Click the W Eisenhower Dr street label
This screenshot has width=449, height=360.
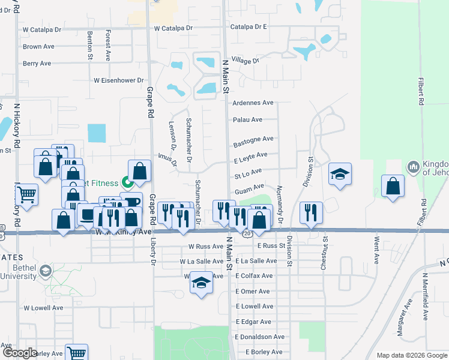pyautogui.click(x=119, y=80)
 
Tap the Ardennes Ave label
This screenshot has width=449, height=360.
pyautogui.click(x=253, y=103)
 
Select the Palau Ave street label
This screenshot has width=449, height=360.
pyautogui.click(x=248, y=119)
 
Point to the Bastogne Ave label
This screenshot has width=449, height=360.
pyautogui.click(x=253, y=139)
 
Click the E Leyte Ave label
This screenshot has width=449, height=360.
pyautogui.click(x=251, y=154)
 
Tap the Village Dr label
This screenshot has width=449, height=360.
pyautogui.click(x=245, y=61)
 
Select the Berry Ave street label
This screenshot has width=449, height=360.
pyautogui.click(x=37, y=63)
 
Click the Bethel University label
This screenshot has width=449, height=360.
pyautogui.click(x=18, y=272)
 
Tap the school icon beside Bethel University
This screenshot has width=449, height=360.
pyautogui.click(x=46, y=271)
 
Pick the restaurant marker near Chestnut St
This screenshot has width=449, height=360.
pyautogui.click(x=310, y=212)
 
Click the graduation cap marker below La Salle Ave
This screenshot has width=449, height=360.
pyautogui.click(x=201, y=284)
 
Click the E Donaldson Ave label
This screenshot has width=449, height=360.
pyautogui.click(x=260, y=337)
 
